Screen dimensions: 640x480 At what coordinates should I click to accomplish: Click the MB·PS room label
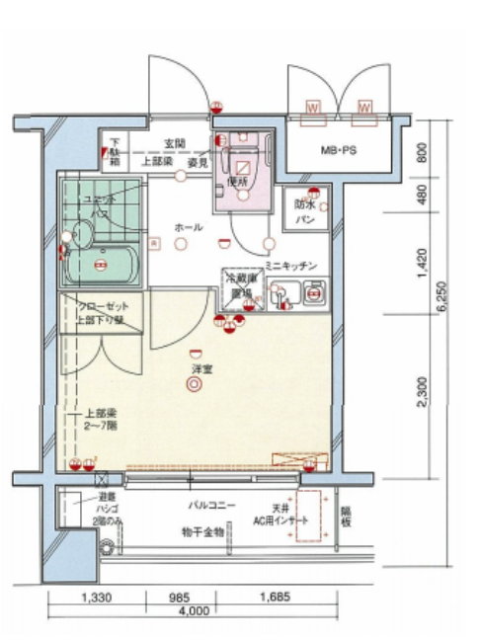[x=339, y=152]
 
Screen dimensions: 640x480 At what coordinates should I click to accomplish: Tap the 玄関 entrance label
[x=176, y=144]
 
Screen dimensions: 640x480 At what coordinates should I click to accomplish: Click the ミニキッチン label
[x=290, y=267]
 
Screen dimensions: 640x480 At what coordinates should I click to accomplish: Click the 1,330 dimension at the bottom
[x=96, y=598]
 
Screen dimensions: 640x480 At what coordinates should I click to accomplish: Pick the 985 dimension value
[x=178, y=598]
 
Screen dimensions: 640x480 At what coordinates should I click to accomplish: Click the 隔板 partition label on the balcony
[x=346, y=518]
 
